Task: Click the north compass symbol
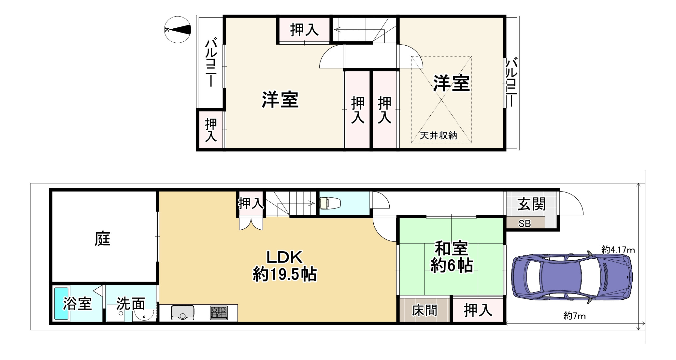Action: point(177,30)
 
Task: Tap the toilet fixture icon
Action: point(330,204)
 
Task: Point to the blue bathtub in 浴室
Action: point(61,303)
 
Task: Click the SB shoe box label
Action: point(525,223)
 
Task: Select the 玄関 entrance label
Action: point(532,205)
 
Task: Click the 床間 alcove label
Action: point(424,310)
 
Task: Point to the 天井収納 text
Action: point(438,136)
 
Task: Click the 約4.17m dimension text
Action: point(618,250)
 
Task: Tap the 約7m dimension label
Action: point(575,316)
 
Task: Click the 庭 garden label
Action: point(103,239)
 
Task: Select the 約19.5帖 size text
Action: point(285,274)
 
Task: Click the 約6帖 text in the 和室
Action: point(452,266)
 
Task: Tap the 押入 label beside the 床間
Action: point(478,310)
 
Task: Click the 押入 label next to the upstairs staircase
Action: point(304,30)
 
